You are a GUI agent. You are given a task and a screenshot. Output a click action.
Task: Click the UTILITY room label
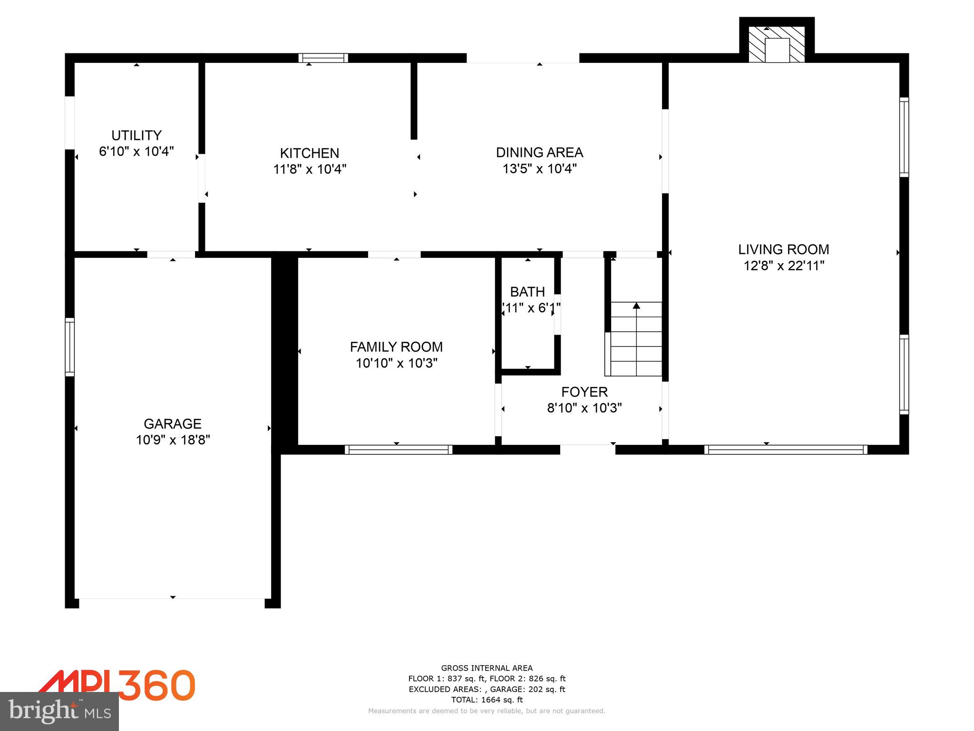[136, 135]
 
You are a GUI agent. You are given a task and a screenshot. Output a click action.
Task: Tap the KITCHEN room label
[310, 153]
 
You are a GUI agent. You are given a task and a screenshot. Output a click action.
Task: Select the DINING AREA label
[539, 152]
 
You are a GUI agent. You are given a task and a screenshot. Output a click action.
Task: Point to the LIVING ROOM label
[783, 249]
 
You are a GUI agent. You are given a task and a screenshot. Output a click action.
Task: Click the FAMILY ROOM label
[396, 347]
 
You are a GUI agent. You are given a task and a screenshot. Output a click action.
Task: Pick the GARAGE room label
[173, 424]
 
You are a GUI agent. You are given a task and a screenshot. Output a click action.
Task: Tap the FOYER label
[584, 392]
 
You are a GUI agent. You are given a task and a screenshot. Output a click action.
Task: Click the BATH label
[527, 292]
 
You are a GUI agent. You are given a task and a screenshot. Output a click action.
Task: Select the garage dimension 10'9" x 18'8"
[173, 440]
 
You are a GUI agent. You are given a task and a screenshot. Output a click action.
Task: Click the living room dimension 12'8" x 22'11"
[783, 266]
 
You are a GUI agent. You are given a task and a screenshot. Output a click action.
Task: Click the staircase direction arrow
[636, 306]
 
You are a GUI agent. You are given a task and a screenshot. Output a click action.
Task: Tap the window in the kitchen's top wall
[323, 58]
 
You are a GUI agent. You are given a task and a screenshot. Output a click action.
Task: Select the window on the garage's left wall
[70, 347]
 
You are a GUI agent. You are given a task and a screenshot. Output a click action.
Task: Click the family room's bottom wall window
[399, 450]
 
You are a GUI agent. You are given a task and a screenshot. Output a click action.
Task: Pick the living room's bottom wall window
[786, 450]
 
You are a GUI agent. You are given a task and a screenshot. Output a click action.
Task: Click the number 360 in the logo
[157, 685]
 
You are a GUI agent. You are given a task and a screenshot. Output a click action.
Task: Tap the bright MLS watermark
[59, 711]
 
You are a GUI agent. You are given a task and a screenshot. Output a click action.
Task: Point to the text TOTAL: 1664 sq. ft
[487, 700]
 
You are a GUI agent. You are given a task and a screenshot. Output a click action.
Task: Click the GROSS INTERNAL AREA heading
[487, 668]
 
